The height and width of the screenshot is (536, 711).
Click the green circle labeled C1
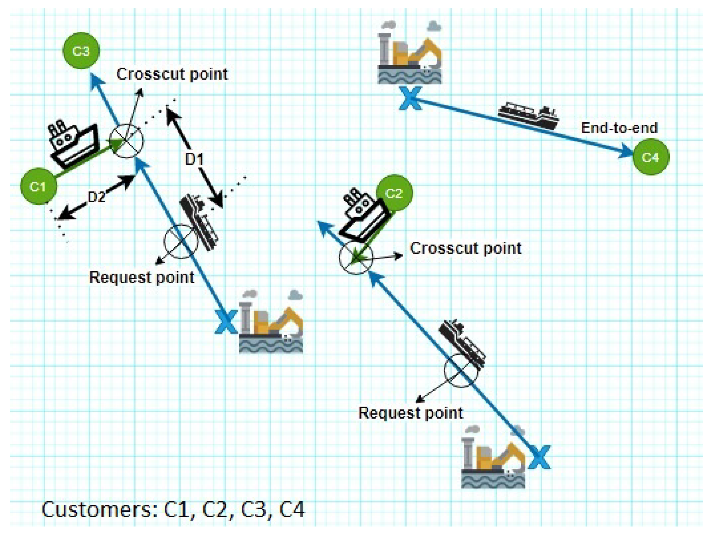(x=38, y=186)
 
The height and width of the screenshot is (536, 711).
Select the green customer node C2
(x=394, y=193)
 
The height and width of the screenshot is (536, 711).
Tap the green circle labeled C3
(x=81, y=51)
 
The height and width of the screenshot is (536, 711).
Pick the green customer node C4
(x=650, y=157)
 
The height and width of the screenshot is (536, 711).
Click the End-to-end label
(x=619, y=128)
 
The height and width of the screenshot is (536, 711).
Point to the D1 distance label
(x=194, y=159)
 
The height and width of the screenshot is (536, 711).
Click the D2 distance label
(x=97, y=197)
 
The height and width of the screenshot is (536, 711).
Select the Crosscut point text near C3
(x=172, y=74)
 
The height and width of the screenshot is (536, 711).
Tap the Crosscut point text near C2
(x=465, y=248)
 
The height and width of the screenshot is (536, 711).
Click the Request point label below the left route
(x=141, y=277)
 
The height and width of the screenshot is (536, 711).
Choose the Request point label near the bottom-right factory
(x=410, y=413)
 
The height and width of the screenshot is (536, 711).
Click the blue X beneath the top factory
(x=410, y=98)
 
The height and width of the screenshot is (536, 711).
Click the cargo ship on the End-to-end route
(x=529, y=116)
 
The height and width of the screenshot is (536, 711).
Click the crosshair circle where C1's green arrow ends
(x=126, y=141)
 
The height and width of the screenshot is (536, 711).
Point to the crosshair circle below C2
(x=356, y=258)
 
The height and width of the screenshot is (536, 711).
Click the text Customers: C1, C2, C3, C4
(x=173, y=510)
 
